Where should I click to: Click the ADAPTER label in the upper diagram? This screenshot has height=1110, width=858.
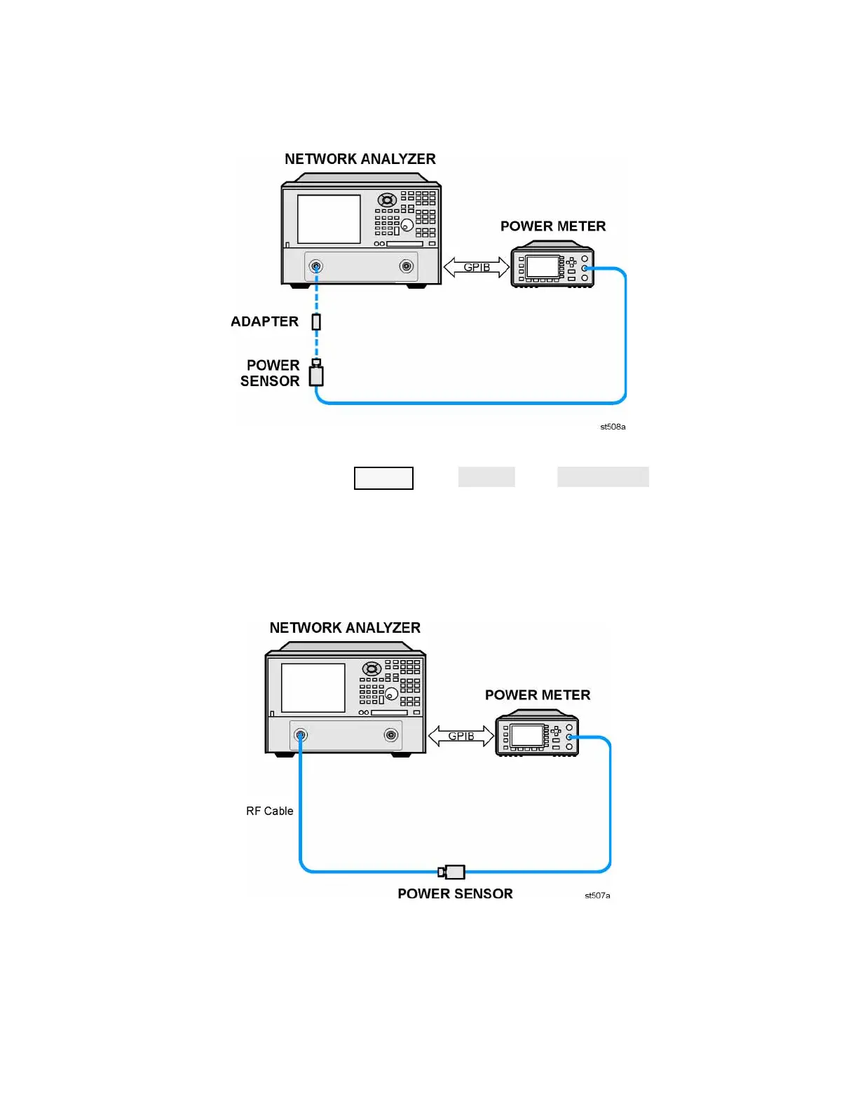click(x=264, y=322)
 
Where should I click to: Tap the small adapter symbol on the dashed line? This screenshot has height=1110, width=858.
click(x=316, y=322)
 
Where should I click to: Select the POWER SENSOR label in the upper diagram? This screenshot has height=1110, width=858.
click(x=271, y=374)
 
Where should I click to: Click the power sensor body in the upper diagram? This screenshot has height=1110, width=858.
click(x=317, y=375)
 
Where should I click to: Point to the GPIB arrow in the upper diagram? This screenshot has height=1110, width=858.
click(x=477, y=267)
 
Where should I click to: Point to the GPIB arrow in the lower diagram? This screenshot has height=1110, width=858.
click(x=461, y=736)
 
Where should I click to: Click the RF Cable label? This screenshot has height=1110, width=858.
click(x=269, y=811)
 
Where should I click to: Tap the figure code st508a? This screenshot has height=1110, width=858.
click(x=613, y=427)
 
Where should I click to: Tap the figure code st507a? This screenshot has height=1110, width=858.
click(x=597, y=896)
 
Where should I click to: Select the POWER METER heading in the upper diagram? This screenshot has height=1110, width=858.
click(x=552, y=226)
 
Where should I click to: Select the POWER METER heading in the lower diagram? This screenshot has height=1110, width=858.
click(x=538, y=695)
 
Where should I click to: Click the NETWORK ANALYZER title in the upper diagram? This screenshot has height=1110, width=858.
click(x=360, y=159)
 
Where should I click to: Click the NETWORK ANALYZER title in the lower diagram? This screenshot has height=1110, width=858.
click(x=345, y=628)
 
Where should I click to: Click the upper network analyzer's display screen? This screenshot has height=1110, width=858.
click(x=329, y=219)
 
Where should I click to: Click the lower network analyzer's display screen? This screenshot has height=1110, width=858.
click(x=313, y=688)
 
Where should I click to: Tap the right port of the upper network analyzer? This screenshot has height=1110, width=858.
click(x=406, y=266)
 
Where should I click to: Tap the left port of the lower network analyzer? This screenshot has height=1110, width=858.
click(x=301, y=735)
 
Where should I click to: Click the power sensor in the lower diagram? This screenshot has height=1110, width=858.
click(x=453, y=872)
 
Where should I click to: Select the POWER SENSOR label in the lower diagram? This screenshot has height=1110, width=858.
click(x=455, y=893)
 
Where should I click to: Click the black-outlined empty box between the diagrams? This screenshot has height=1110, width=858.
click(x=383, y=478)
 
